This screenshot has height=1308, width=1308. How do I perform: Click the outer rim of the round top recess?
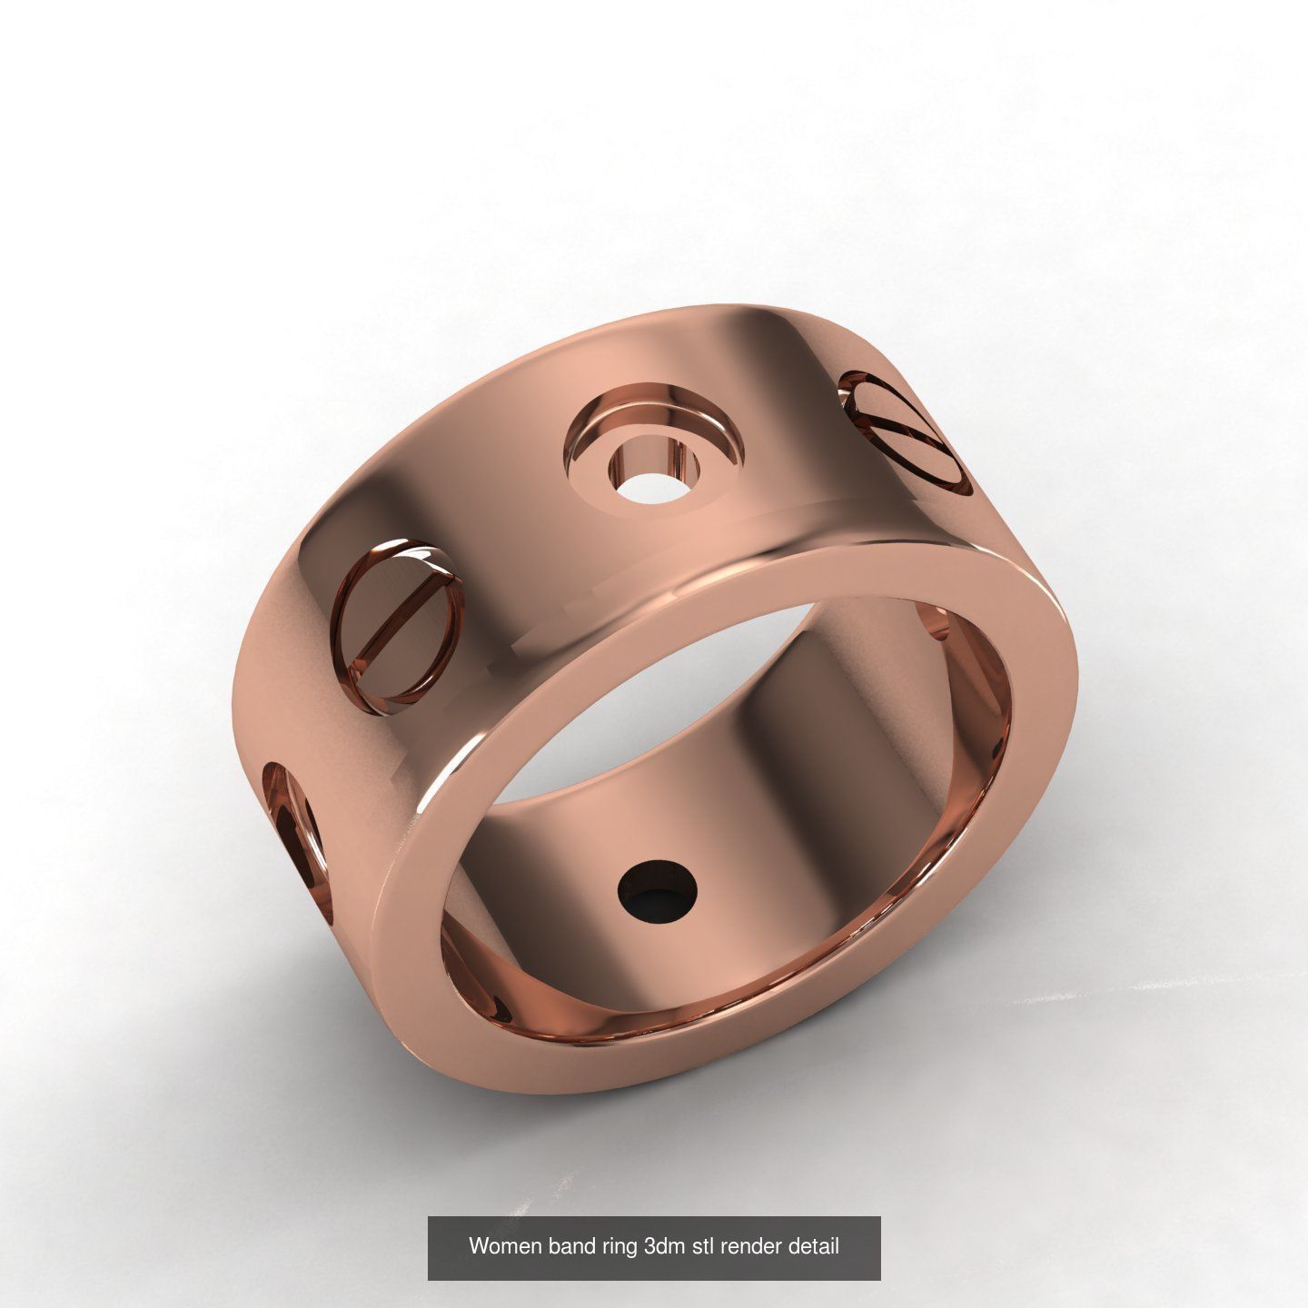pyautogui.click(x=654, y=401)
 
